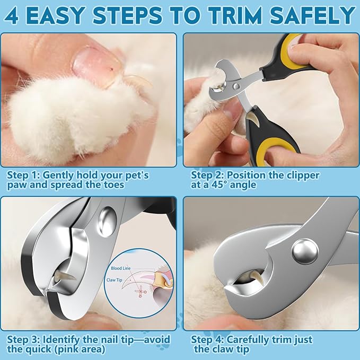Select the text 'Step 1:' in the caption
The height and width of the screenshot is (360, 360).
coord(23,175)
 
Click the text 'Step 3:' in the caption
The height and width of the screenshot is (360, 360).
coord(23,339)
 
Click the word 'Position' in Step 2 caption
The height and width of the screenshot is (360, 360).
coord(251,175)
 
